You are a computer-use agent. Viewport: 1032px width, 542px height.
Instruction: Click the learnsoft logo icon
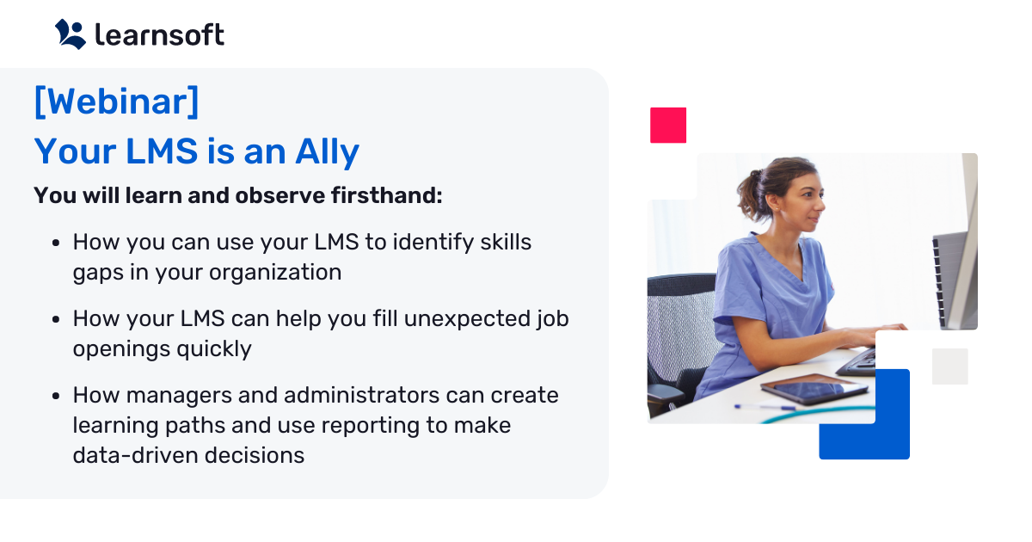pyautogui.click(x=71, y=34)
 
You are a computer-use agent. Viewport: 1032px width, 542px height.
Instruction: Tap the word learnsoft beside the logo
pyautogui.click(x=160, y=34)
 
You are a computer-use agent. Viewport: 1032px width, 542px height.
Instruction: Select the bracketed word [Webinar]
pyautogui.click(x=116, y=102)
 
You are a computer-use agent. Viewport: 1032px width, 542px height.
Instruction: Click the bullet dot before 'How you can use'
pyautogui.click(x=56, y=243)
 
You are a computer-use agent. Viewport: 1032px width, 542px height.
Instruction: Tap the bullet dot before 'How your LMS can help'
pyautogui.click(x=56, y=320)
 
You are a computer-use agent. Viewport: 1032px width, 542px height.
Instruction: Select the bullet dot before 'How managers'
pyautogui.click(x=56, y=396)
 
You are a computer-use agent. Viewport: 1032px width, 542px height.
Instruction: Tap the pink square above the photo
pyautogui.click(x=668, y=125)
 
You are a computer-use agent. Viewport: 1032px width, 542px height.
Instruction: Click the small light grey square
pyautogui.click(x=949, y=366)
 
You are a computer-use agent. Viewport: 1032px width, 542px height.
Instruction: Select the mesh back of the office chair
pyautogui.click(x=676, y=327)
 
